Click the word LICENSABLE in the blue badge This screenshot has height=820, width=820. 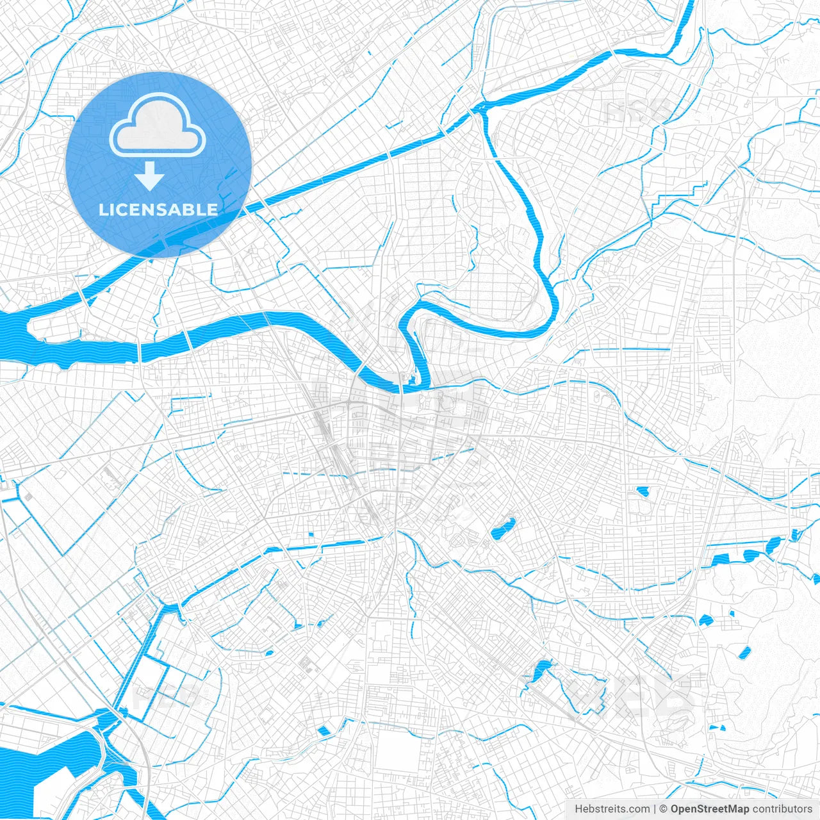pyautogui.click(x=158, y=209)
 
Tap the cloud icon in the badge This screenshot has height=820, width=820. pyautogui.click(x=158, y=126)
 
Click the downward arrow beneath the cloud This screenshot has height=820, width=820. pyautogui.click(x=149, y=176)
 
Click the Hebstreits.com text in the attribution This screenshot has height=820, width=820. pyautogui.click(x=612, y=809)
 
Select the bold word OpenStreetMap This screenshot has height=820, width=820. pyautogui.click(x=710, y=809)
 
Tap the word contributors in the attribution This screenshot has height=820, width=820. pyautogui.click(x=782, y=809)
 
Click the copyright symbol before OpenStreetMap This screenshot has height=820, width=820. pyautogui.click(x=664, y=809)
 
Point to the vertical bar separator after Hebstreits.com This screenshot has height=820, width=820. pyautogui.click(x=655, y=809)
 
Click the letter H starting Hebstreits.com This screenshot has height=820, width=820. pyautogui.click(x=578, y=809)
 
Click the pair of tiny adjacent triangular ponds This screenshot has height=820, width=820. pyautogui.click(x=717, y=728)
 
